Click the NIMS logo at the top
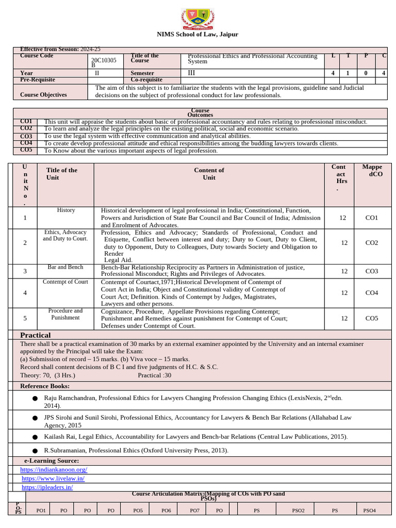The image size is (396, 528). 197,20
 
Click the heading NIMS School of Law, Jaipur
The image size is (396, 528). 197,35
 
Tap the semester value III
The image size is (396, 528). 192,73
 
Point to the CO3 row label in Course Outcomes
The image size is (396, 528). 26,136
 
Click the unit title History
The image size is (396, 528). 66,210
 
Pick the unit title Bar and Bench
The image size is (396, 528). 65,267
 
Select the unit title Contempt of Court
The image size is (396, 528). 65,282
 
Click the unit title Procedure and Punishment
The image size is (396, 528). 65,314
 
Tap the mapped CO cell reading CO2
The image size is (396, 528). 372,243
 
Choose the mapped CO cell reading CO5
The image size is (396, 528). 372,318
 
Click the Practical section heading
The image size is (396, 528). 35,335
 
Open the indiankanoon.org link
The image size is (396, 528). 54,470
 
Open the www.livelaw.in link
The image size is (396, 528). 53,478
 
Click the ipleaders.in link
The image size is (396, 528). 47,487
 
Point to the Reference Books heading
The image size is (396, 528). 45,386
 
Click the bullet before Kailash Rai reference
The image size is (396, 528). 35,437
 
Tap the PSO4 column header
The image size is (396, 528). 370,510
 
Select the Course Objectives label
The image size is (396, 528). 43,95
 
